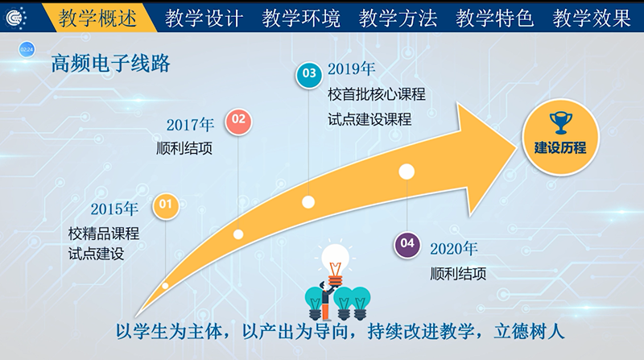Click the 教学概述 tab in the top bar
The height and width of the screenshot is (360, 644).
click(97, 18)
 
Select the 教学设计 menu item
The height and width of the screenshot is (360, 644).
click(204, 18)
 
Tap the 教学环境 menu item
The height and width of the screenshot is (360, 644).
click(301, 18)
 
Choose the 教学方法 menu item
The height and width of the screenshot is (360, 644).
click(398, 18)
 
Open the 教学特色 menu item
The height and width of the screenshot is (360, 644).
click(494, 18)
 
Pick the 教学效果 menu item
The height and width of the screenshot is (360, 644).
click(592, 18)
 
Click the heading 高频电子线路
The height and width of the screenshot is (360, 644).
click(111, 64)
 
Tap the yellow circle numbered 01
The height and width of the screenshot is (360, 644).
click(166, 205)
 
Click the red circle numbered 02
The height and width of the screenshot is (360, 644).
click(238, 120)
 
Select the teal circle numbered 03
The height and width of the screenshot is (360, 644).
click(309, 74)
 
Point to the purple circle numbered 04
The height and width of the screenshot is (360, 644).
click(407, 244)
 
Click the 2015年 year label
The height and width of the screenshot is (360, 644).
click(114, 209)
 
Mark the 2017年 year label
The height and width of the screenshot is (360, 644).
click(190, 125)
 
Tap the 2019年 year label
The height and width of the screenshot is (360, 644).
click(351, 69)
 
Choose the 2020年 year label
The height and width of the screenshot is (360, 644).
click(454, 249)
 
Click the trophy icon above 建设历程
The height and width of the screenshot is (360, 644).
click(560, 122)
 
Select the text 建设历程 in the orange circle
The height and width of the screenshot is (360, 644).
click(560, 148)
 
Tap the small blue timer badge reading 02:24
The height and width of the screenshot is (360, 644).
click(27, 50)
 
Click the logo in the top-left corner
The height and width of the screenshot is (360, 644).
click(15, 18)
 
